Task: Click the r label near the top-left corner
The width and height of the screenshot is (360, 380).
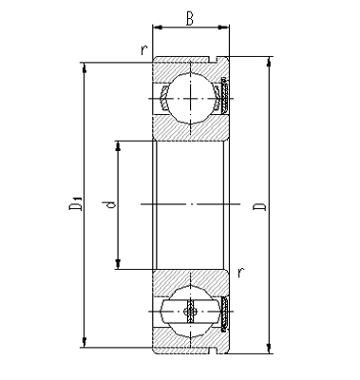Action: tap(142, 49)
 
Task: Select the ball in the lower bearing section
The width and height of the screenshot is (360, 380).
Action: tap(191, 311)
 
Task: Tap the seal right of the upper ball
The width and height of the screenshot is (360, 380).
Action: tap(227, 93)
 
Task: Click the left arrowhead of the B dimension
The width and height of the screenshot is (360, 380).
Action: tap(157, 28)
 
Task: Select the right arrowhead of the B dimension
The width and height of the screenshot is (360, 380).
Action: tap(225, 28)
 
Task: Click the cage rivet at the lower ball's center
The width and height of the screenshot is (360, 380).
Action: tap(191, 311)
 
